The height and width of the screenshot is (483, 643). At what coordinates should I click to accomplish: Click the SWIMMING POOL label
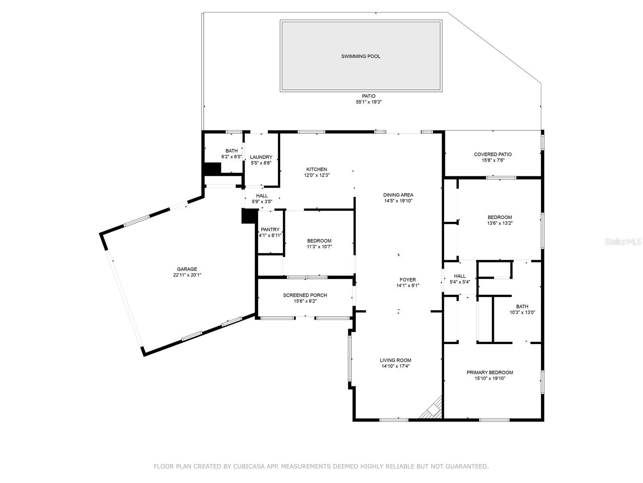coord(360,56)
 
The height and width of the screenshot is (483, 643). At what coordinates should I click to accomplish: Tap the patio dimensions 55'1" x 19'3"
coord(369,102)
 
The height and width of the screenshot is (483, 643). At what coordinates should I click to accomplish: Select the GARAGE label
coord(187,269)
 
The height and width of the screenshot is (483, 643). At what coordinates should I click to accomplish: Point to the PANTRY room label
coord(270,230)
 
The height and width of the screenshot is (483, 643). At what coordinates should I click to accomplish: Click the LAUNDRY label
coord(261,157)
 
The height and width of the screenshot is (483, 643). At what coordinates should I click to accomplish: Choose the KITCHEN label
coord(317,169)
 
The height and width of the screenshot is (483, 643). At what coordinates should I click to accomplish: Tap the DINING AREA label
coord(398,195)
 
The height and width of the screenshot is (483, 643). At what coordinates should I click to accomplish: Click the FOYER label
coord(408,280)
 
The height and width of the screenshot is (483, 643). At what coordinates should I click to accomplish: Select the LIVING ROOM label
coord(395,360)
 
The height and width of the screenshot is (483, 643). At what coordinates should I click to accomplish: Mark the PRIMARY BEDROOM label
coord(489,373)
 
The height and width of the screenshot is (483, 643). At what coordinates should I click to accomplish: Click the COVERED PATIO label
coord(493,154)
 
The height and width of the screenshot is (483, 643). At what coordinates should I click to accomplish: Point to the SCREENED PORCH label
coord(305,295)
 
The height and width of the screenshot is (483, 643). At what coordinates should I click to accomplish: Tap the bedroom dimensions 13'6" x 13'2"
coord(500,223)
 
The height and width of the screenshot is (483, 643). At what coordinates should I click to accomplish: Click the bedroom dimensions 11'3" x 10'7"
coord(319,247)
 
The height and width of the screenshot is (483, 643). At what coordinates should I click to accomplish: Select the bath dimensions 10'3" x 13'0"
coord(522,312)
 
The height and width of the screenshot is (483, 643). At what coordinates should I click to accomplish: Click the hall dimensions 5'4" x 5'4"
coord(460,282)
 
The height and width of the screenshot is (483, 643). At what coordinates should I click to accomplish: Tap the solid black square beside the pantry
coord(249,216)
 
